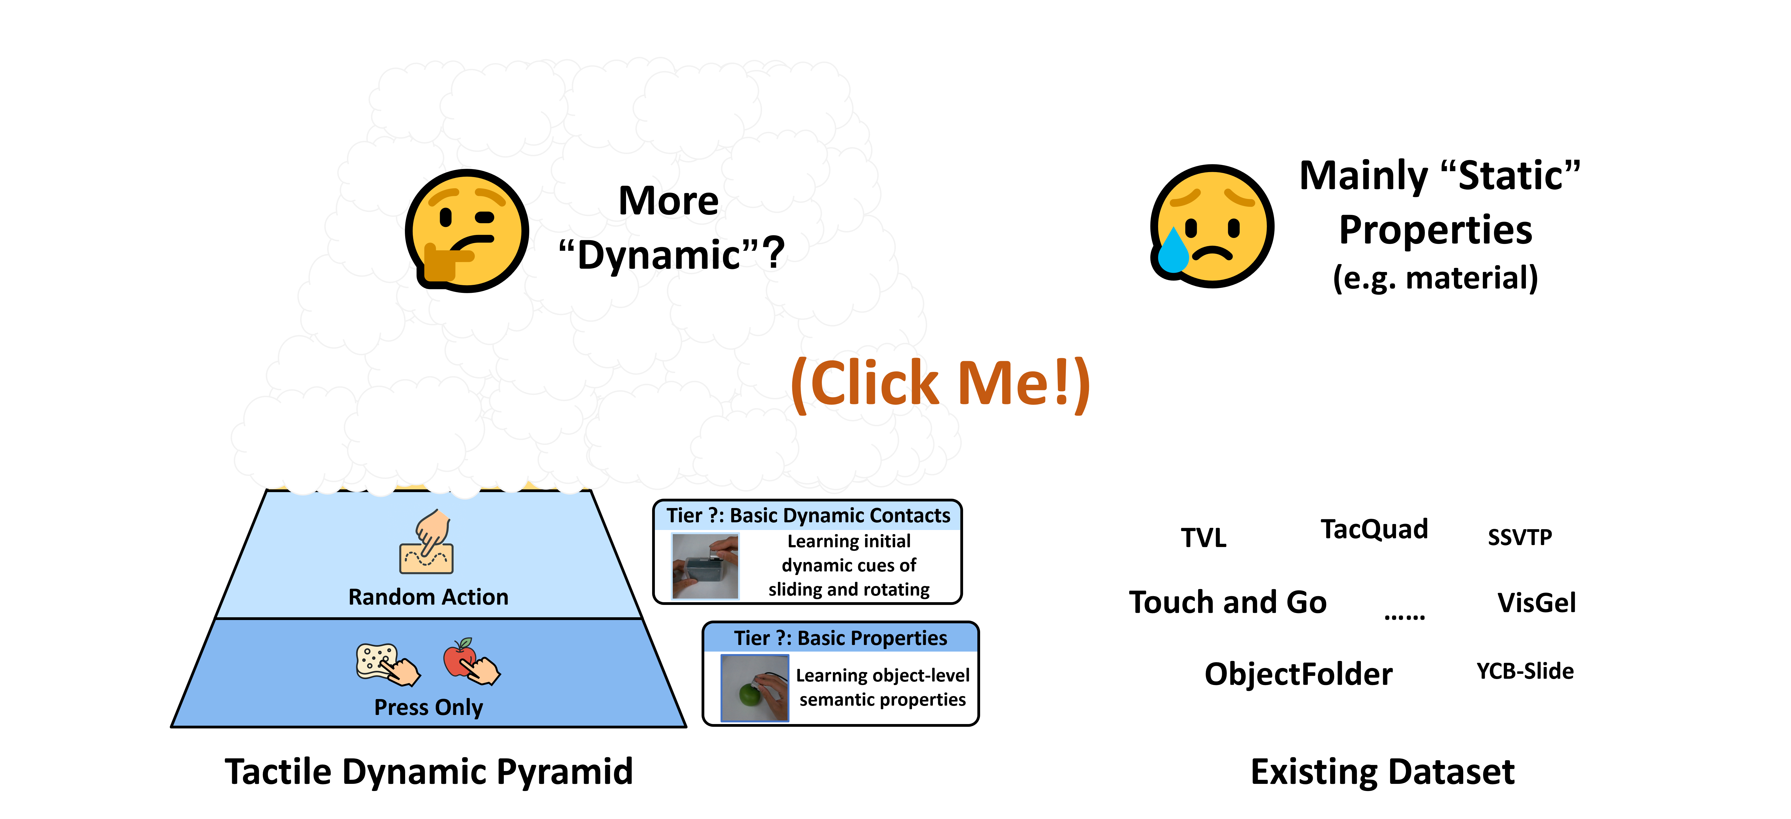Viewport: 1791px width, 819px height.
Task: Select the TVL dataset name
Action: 1203,538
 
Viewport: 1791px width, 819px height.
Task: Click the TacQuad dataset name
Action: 1374,529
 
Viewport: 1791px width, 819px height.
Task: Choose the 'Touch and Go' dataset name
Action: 1228,602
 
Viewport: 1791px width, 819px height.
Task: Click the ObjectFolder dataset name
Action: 1298,674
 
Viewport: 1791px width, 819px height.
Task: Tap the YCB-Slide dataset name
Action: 1525,671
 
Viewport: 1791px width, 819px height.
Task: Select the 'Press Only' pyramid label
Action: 428,707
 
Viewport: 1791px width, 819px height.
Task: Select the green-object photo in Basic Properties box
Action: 754,688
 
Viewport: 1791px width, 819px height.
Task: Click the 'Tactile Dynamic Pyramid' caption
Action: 428,772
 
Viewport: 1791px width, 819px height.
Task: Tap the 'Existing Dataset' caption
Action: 1382,772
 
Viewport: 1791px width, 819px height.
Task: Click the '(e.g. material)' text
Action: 1435,278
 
